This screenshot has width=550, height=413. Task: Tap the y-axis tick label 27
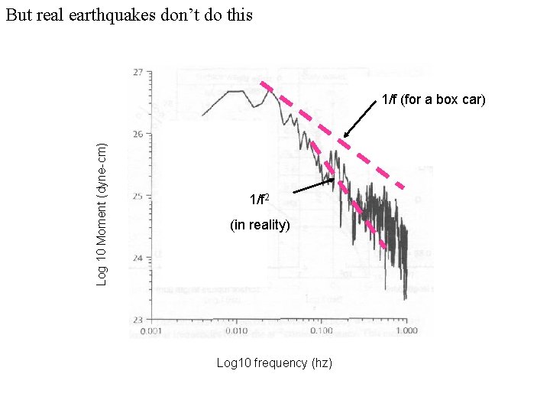(137, 72)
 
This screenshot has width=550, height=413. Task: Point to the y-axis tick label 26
(137, 135)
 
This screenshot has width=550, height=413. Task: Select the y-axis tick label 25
(137, 197)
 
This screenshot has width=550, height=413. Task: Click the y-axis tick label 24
(137, 258)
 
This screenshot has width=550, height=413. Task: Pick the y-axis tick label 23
(137, 320)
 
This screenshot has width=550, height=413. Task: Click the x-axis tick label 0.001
(151, 331)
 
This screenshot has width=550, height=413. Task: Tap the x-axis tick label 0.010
(236, 331)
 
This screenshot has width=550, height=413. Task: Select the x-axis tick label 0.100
(321, 331)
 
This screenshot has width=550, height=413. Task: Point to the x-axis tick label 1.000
(406, 331)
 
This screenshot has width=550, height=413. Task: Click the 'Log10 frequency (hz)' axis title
(274, 363)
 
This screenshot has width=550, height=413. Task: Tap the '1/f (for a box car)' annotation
(433, 99)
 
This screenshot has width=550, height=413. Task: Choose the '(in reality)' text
(260, 225)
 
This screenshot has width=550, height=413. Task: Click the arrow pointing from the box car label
(358, 123)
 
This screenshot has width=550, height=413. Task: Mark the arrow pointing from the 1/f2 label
(313, 185)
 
